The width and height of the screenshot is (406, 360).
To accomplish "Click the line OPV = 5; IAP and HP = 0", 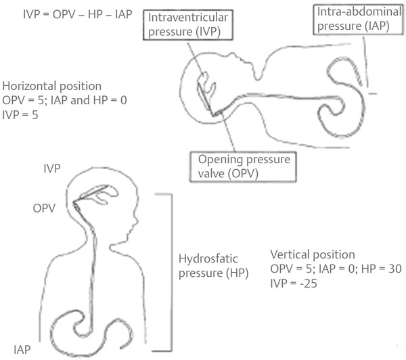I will click(64, 100).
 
